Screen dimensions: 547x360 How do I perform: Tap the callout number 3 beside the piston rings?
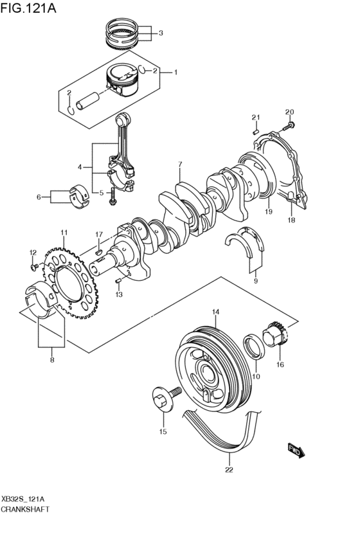click(161, 33)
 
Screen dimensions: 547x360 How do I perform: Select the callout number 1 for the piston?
click(175, 73)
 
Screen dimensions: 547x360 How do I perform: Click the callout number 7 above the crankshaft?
click(181, 164)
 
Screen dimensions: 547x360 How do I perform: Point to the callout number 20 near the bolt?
click(289, 111)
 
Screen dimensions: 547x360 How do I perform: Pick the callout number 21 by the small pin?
click(255, 116)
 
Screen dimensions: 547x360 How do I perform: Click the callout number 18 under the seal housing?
click(291, 220)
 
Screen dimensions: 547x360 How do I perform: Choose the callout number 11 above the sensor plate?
click(64, 232)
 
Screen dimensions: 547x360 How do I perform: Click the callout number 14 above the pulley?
click(216, 312)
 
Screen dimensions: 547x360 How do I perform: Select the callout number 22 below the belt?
click(229, 469)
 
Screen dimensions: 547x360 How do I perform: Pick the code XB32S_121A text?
click(22, 498)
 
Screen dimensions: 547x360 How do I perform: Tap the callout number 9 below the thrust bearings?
click(255, 281)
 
